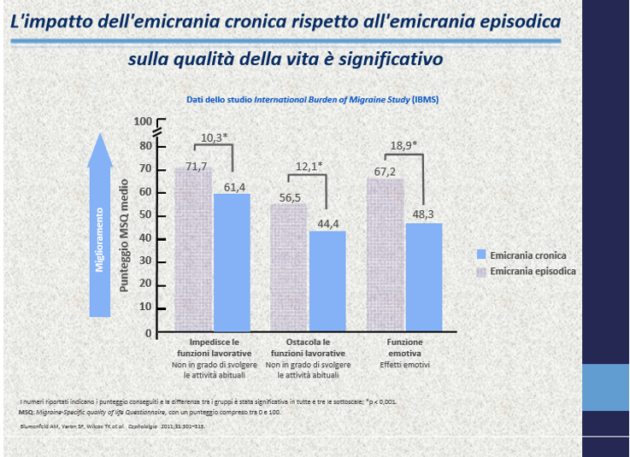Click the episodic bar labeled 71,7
point(194,248)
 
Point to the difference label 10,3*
point(214,138)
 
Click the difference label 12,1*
point(309,166)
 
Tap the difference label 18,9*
point(403,145)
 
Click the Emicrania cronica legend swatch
point(481,255)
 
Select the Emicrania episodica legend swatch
point(481,271)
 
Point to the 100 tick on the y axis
point(142,122)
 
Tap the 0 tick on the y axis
point(148,332)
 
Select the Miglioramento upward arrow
point(100,226)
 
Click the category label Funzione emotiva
point(405,347)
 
